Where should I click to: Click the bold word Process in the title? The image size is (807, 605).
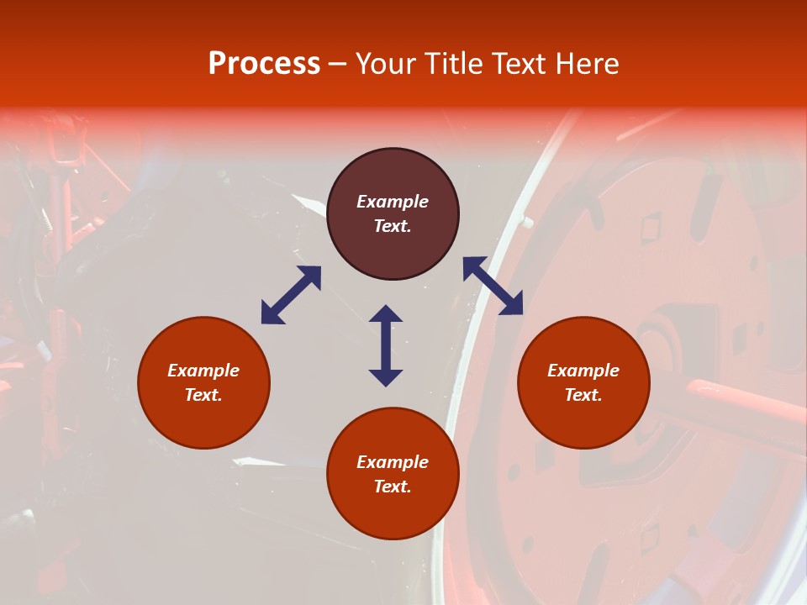click(x=264, y=64)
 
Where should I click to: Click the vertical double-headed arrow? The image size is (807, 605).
click(x=386, y=345)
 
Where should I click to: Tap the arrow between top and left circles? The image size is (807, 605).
click(x=291, y=295)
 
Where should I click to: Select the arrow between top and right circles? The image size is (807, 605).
click(x=493, y=286)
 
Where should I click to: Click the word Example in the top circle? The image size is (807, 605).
click(x=393, y=202)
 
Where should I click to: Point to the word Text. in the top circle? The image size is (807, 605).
click(x=393, y=226)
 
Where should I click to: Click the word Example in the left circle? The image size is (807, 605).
click(x=203, y=371)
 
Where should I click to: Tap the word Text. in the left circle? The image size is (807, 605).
click(x=203, y=395)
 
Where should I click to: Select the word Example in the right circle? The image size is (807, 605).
click(x=583, y=371)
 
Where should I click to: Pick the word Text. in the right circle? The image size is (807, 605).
click(x=583, y=395)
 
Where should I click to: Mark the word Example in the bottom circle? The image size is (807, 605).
click(x=393, y=462)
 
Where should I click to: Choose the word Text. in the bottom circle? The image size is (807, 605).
click(x=393, y=487)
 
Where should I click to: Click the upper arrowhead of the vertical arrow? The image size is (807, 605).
click(x=386, y=313)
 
